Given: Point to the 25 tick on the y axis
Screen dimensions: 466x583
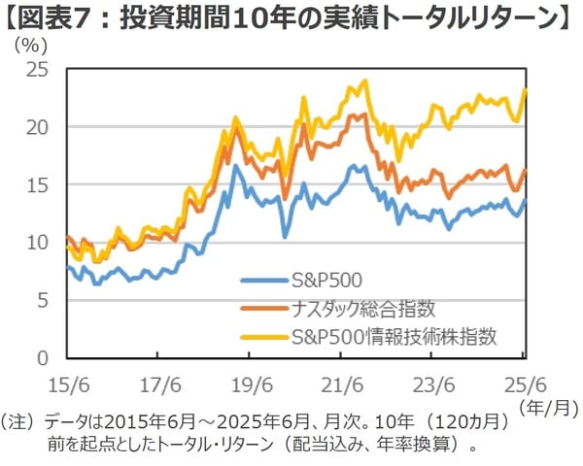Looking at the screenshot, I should click(39, 69).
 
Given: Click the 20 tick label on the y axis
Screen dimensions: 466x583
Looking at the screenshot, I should click(39, 127).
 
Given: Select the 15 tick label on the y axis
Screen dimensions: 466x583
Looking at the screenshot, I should click(39, 184).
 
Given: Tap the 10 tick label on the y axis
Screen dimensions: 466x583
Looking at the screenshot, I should click(39, 243).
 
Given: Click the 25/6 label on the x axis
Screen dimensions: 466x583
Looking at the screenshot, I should click(523, 381).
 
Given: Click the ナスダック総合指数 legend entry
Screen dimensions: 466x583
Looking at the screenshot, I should click(362, 309).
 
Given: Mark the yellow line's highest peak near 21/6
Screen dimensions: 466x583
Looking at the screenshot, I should click(364, 82).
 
